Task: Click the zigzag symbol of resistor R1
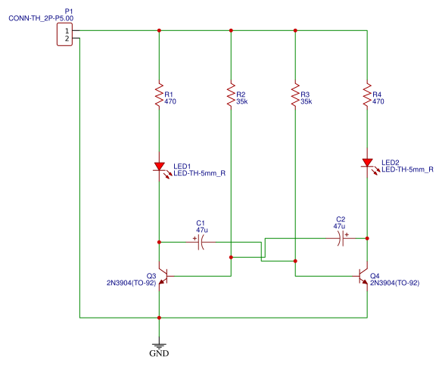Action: (159, 95)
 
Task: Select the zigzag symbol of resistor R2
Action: (231, 95)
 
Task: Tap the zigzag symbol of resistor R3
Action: (295, 95)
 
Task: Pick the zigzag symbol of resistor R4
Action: (367, 95)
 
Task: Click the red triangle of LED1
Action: (159, 166)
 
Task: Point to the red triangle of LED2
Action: (367, 163)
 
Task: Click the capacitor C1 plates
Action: (201, 242)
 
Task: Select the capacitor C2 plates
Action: (341, 238)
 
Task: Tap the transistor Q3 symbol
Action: (164, 276)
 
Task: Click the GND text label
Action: (159, 353)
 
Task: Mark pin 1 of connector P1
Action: (67, 31)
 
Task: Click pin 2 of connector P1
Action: (67, 39)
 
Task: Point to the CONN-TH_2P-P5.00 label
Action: (41, 18)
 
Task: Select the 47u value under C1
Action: (202, 230)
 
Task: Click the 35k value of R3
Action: (306, 101)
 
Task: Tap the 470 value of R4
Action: (378, 101)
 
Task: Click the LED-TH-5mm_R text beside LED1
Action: (199, 173)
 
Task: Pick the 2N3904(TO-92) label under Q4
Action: (394, 283)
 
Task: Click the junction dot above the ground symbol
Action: (159, 318)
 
